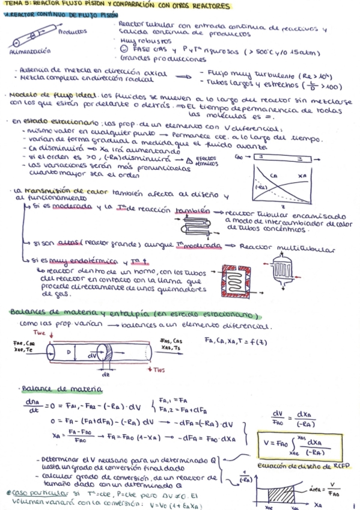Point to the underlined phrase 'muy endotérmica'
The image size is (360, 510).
click(70, 263)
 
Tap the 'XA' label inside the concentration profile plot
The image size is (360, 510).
click(303, 176)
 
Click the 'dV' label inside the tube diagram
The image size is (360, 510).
click(91, 355)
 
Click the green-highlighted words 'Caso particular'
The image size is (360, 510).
click(29, 492)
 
